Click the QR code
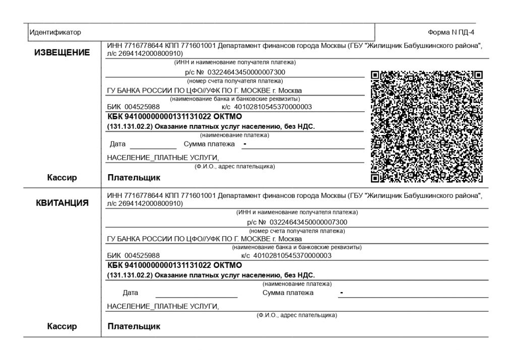coord(427,126)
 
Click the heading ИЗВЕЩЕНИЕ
coord(62,53)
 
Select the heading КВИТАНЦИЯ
coord(62,203)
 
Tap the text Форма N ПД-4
coord(451,32)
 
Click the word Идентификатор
coord(55,32)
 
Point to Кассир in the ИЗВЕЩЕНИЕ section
coord(62,177)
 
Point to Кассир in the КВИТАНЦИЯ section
coord(62,326)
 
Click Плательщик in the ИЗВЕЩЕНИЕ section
coord(134,177)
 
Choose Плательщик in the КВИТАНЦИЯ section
coord(134,326)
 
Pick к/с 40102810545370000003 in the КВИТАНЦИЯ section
coord(286,255)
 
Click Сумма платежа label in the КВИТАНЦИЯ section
coord(288,293)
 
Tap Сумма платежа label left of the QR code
coord(209,144)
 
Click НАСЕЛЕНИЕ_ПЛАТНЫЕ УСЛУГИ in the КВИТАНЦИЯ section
coord(163,306)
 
